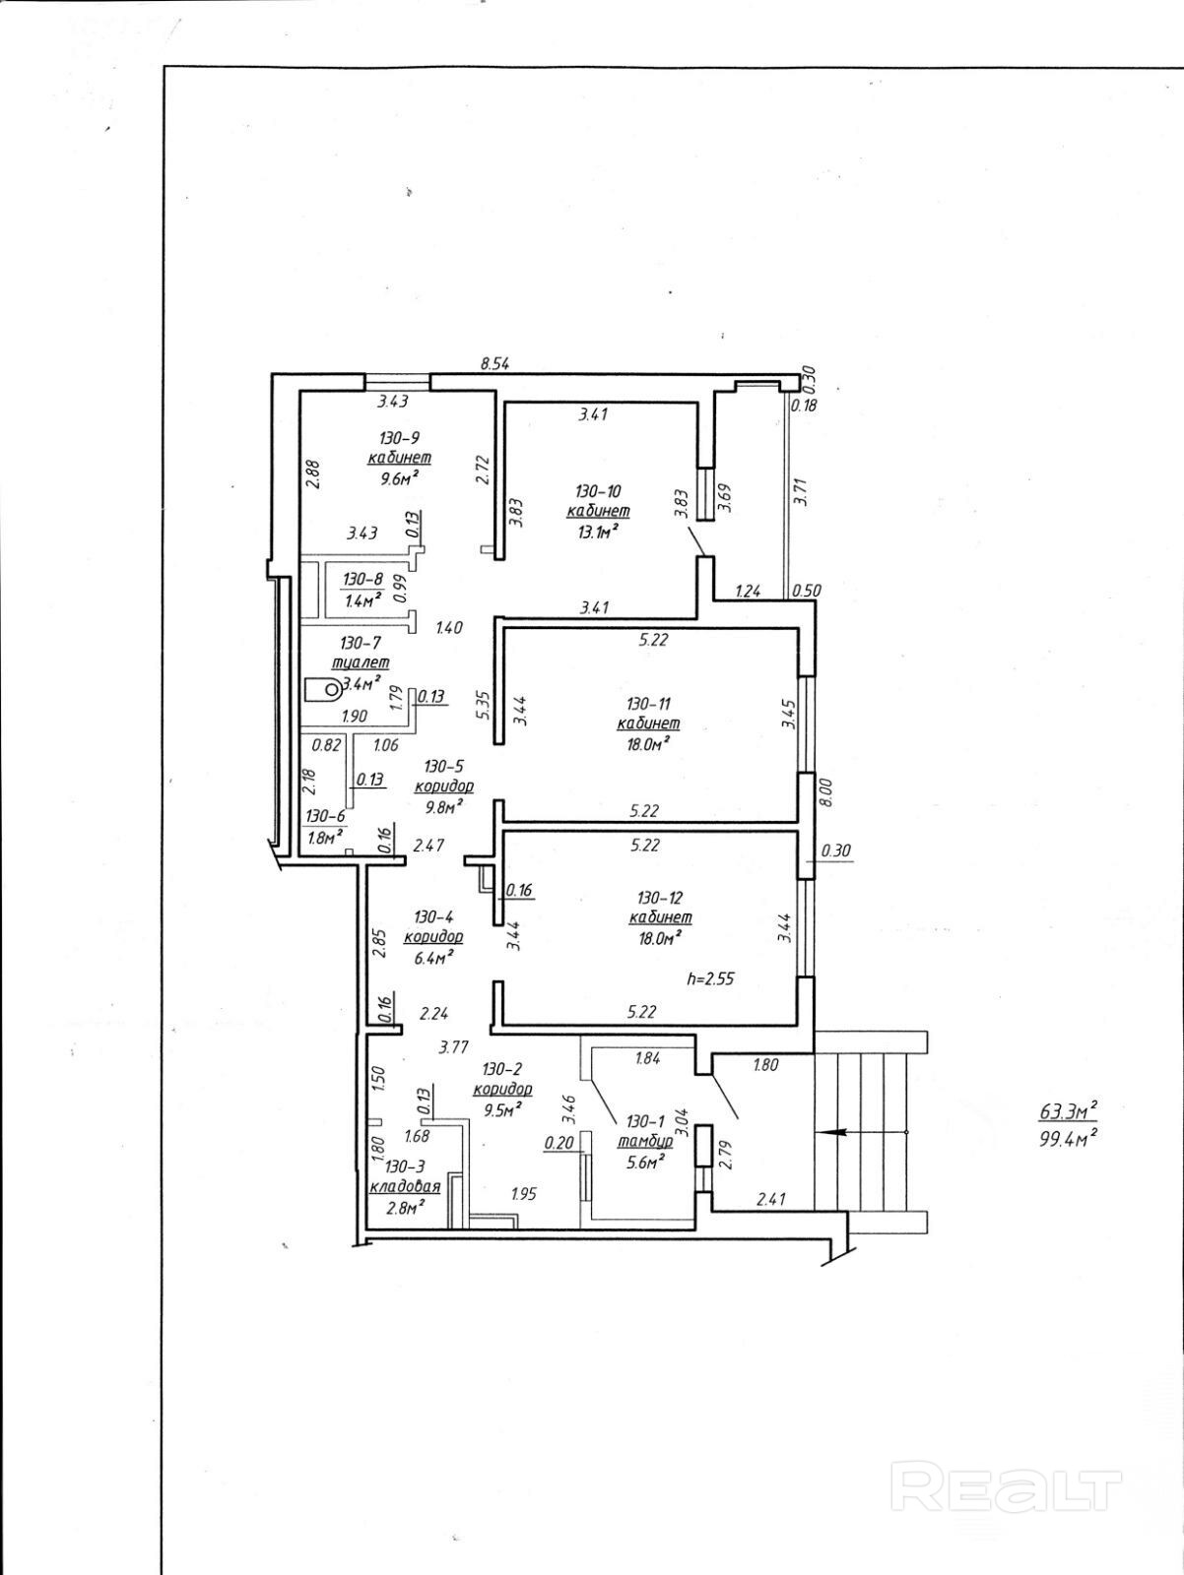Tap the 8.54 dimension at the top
click(x=494, y=364)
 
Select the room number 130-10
click(x=598, y=490)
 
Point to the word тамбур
click(x=645, y=1141)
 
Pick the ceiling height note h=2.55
click(x=711, y=979)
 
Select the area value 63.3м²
click(x=1069, y=1112)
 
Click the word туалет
click(x=360, y=662)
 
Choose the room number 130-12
click(x=660, y=897)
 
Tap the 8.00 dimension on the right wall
click(x=825, y=792)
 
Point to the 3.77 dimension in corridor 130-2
click(x=453, y=1047)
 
